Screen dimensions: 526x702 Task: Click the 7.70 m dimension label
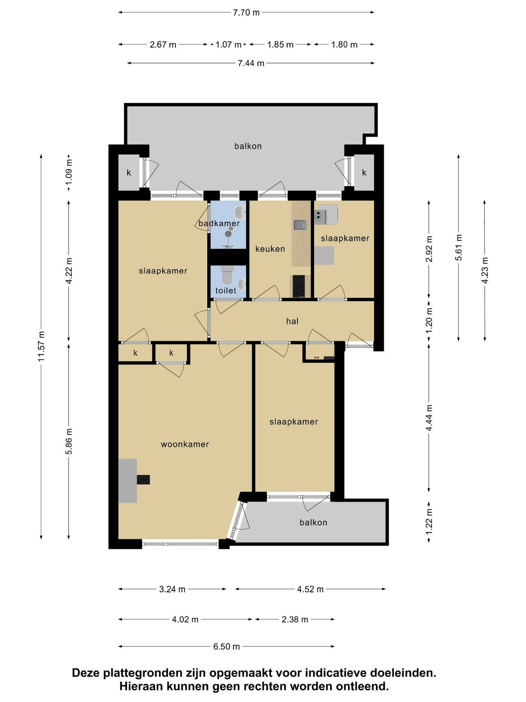(x=246, y=13)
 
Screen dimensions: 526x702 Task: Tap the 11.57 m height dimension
(x=41, y=346)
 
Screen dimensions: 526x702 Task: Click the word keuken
(x=270, y=249)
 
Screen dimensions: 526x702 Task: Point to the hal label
(x=292, y=321)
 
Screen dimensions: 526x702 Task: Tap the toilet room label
(x=226, y=290)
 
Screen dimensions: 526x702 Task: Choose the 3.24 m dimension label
(x=172, y=589)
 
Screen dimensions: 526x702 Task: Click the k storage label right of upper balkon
(x=364, y=173)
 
